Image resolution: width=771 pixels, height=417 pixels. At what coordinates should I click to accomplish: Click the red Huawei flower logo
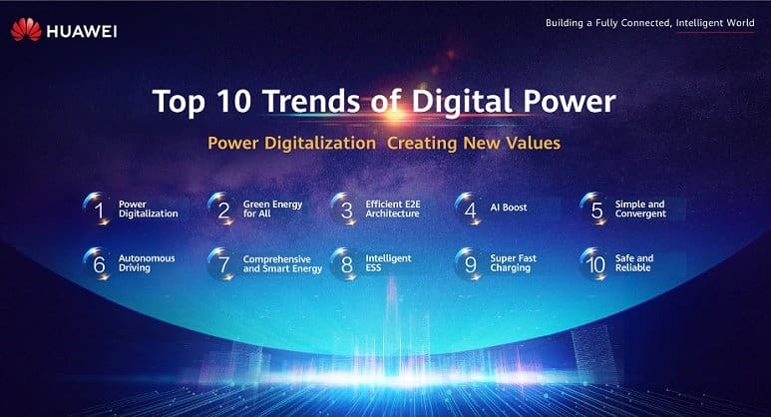click(x=26, y=30)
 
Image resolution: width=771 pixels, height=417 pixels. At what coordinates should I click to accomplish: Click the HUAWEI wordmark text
click(x=82, y=32)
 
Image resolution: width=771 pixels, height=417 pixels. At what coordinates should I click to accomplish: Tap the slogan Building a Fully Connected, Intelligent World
click(x=649, y=23)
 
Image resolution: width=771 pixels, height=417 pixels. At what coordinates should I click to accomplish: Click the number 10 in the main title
click(x=233, y=101)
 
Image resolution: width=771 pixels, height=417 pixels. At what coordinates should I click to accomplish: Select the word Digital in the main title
click(x=462, y=103)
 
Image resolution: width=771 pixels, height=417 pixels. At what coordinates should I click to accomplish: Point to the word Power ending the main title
click(x=569, y=101)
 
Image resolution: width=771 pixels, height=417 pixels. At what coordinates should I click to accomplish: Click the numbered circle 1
click(x=98, y=208)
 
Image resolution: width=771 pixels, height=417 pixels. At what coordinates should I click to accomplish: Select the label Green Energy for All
click(x=272, y=208)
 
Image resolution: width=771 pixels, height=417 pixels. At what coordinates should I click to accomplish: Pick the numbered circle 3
click(x=345, y=208)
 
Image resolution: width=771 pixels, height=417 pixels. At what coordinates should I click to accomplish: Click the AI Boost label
click(x=509, y=208)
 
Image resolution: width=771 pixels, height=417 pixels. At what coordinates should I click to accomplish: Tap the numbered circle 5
click(x=594, y=208)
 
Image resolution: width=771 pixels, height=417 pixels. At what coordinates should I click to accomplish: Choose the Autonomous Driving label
click(x=147, y=263)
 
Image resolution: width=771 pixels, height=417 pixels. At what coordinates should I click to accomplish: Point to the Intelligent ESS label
click(x=388, y=263)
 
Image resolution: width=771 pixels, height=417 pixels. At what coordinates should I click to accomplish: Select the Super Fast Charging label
click(x=514, y=263)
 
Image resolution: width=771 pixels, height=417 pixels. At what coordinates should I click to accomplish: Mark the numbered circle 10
click(x=594, y=264)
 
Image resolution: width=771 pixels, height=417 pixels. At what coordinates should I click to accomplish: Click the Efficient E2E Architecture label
click(x=393, y=208)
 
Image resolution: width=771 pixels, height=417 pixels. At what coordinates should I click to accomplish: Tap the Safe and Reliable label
click(x=634, y=263)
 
